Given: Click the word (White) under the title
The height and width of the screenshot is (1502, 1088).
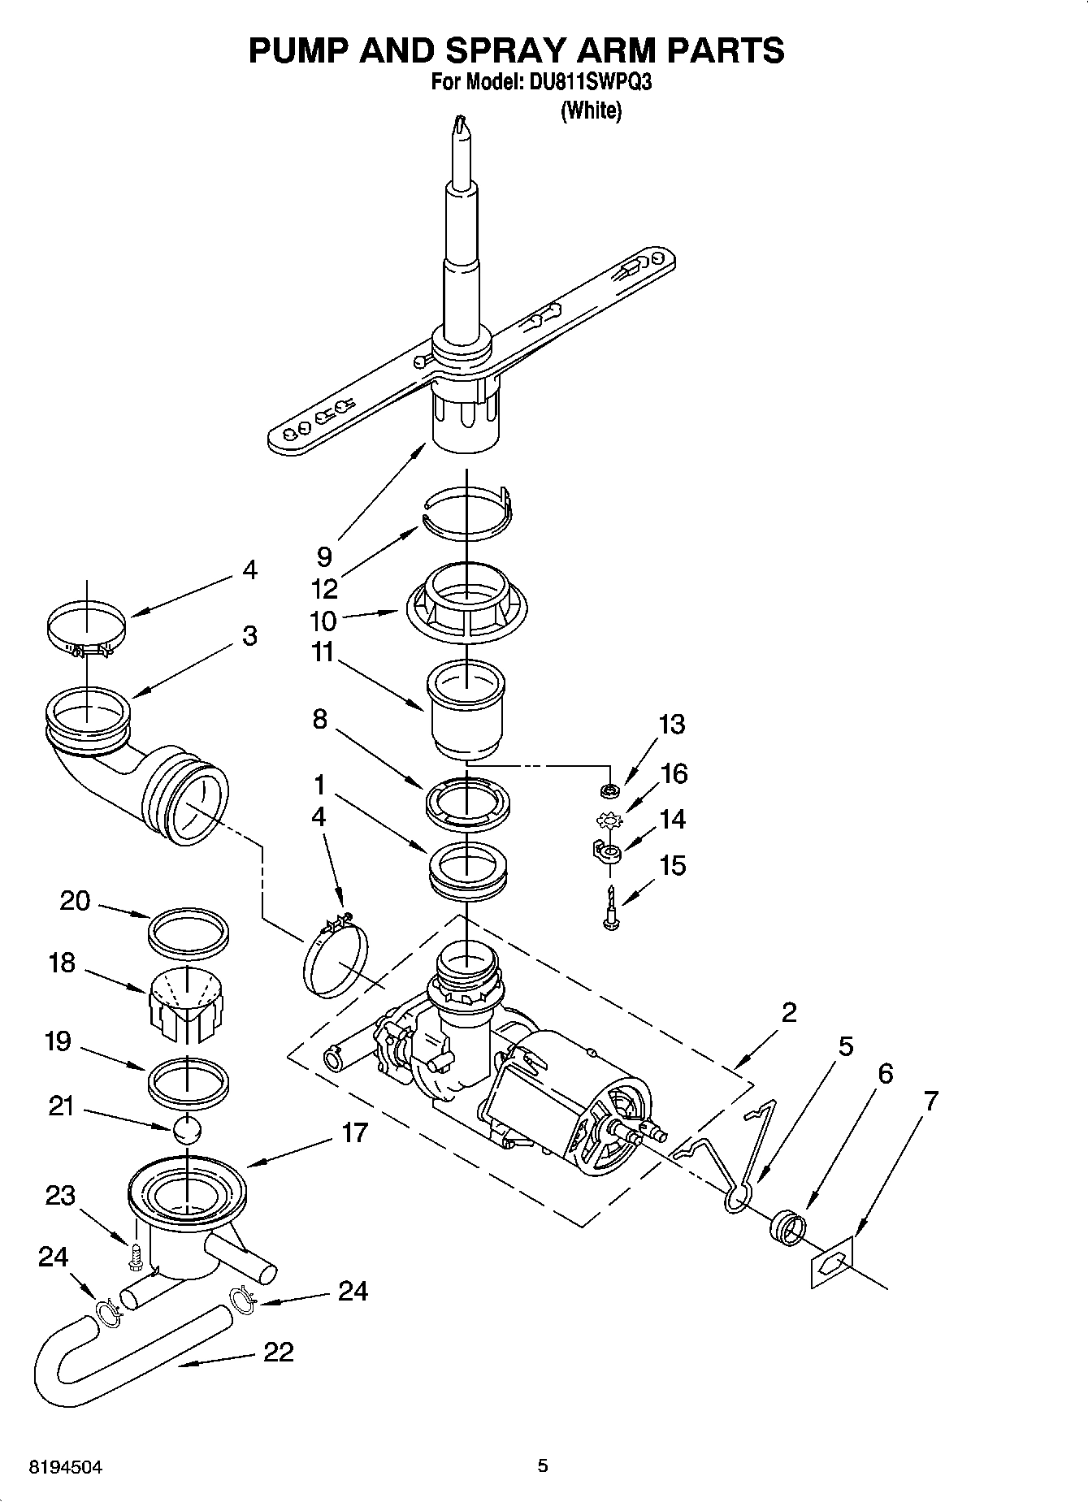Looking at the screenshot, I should (x=591, y=110).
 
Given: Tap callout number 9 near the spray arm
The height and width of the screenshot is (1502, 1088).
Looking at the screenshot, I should (x=324, y=556).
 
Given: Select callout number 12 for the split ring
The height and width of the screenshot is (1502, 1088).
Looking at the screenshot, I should (x=324, y=588).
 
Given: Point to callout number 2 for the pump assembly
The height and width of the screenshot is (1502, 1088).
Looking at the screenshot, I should (x=788, y=1012).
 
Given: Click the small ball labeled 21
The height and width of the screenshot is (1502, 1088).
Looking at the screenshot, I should (x=187, y=1129).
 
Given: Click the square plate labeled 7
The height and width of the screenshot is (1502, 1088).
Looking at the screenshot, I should (x=831, y=1261).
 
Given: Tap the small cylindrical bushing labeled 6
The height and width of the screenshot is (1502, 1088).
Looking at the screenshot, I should (x=787, y=1227).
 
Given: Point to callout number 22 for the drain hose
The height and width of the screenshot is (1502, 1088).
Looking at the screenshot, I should (x=278, y=1353).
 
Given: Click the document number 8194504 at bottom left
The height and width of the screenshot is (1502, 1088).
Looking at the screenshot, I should (x=66, y=1466).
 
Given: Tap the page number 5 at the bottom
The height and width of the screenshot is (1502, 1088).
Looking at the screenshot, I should (x=542, y=1465).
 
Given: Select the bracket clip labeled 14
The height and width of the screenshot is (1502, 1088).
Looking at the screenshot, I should (x=603, y=851).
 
